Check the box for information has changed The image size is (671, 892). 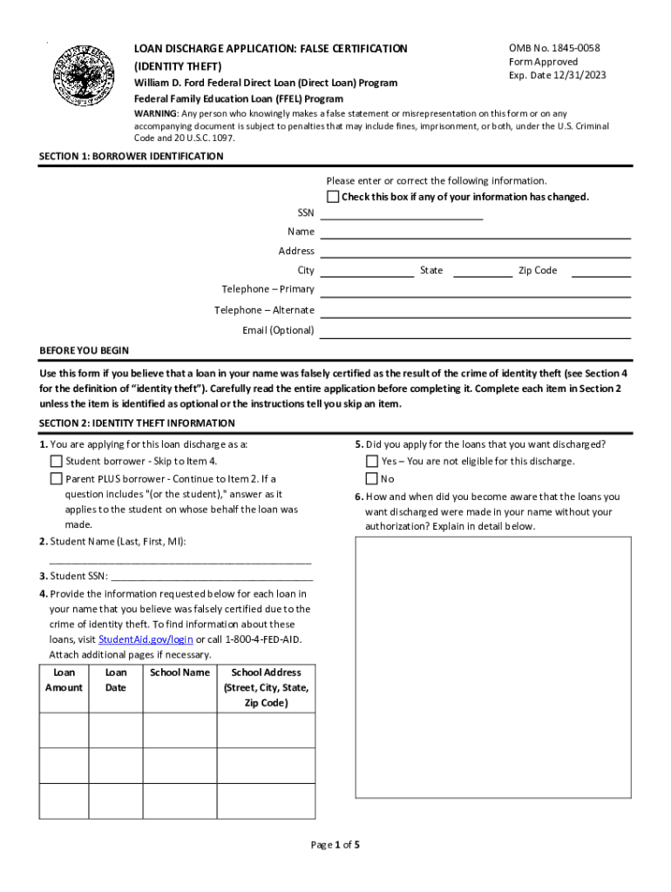333,197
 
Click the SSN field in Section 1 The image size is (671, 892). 402,213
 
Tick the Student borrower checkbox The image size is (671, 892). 57,462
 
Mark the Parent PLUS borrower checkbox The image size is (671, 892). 57,479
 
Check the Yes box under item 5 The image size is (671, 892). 372,462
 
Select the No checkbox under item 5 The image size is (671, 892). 372,479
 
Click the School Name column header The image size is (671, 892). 180,672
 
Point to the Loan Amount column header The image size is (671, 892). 64,680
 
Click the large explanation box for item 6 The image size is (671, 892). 493,666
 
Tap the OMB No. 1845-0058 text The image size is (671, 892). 554,49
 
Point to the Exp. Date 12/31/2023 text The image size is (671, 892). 557,75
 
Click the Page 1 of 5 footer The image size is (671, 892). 335,845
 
